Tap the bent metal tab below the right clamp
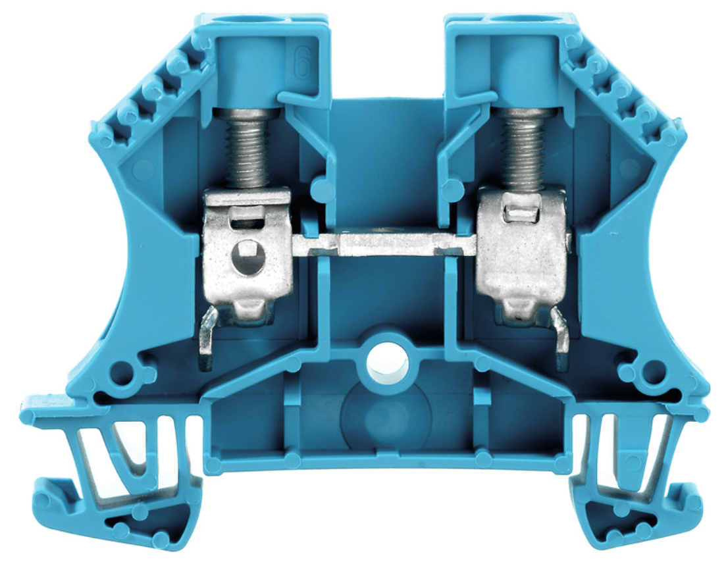[x=561, y=339]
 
